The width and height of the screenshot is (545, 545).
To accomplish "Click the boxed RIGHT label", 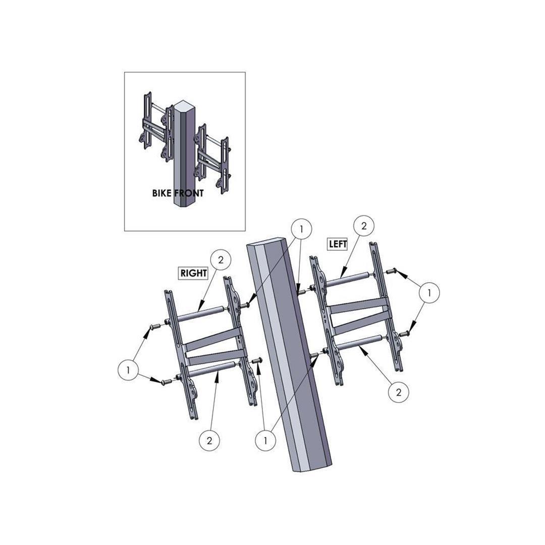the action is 194,273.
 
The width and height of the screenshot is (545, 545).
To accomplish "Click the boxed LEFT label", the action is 338,244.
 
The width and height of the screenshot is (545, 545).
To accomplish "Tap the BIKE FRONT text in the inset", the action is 178,193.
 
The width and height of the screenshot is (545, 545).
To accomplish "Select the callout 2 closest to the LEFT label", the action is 363,226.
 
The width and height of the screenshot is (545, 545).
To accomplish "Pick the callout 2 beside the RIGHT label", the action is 221,260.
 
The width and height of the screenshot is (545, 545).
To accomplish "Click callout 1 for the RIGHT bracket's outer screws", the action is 128,370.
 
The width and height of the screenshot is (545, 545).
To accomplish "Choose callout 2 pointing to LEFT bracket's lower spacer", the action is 398,392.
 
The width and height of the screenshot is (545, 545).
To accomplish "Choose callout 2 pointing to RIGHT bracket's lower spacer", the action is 209,441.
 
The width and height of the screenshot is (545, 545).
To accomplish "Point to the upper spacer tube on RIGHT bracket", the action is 201,313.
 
